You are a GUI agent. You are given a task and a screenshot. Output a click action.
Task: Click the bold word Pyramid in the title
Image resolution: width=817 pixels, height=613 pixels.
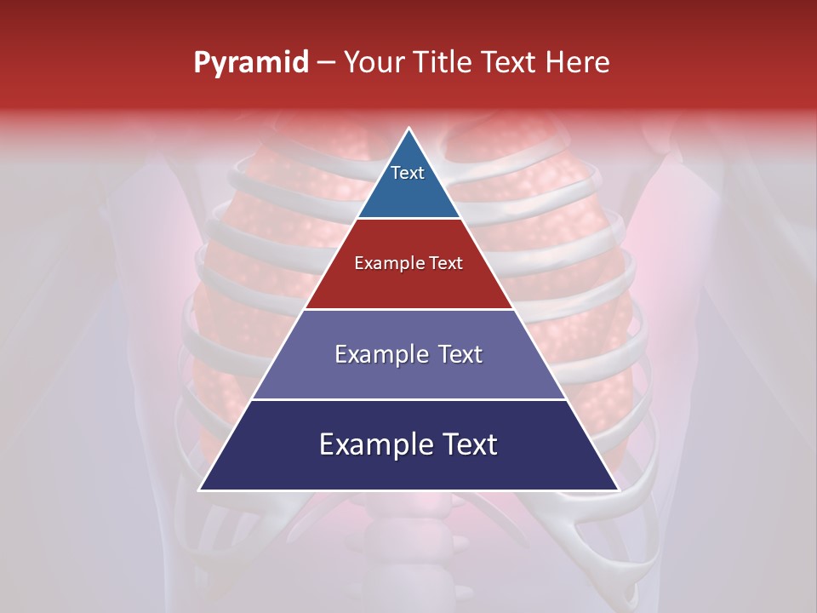pos(251,63)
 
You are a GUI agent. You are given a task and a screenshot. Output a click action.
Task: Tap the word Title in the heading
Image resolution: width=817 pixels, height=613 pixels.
pos(445,63)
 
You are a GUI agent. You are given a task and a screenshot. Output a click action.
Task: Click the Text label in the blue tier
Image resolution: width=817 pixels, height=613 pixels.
pos(408,173)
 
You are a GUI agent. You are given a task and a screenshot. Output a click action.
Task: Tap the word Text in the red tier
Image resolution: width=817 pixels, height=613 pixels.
pos(446,263)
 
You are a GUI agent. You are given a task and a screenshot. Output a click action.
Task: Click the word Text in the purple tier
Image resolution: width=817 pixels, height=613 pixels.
pos(460,354)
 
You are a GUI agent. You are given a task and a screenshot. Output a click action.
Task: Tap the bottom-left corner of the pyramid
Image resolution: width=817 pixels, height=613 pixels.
pos(200,490)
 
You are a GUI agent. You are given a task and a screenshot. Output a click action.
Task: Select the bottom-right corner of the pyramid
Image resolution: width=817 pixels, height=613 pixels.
pos(618,490)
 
